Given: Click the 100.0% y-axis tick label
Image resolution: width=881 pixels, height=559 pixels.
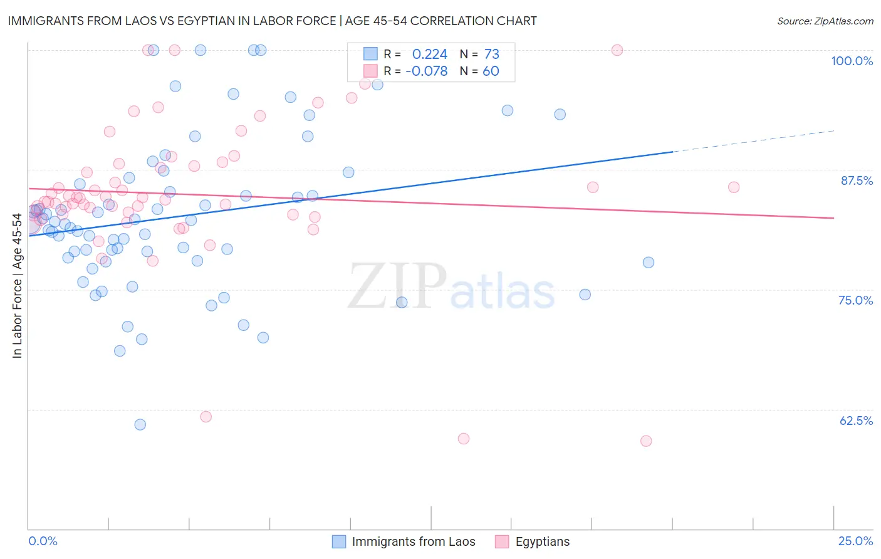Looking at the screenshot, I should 852,61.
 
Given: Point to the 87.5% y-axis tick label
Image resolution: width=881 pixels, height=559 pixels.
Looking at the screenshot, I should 856,180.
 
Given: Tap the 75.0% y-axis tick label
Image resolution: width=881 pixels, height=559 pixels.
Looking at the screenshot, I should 855,300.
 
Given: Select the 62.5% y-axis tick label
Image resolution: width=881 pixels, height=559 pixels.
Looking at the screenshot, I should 856,421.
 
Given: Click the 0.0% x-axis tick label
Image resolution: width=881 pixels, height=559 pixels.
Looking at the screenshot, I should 43,541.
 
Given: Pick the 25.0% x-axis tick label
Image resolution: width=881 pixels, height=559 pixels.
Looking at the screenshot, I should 855,541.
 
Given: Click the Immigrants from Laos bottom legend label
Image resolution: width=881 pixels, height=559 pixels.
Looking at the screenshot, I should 414,541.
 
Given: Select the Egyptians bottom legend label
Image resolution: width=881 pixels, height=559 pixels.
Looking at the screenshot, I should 543,541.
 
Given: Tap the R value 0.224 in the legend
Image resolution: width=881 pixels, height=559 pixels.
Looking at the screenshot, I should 430,55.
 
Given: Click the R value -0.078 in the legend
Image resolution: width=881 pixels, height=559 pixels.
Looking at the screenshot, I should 427,71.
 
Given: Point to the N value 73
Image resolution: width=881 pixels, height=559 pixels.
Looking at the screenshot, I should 491,55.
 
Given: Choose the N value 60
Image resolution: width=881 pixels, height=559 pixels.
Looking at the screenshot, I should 491,71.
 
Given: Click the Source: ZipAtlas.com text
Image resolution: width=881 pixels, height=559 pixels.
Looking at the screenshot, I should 825,21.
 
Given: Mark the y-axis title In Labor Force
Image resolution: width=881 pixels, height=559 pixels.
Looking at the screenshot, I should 17,286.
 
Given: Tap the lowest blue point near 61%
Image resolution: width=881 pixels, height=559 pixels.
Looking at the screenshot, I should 140,425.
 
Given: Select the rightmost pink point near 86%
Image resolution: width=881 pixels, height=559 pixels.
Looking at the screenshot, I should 734,187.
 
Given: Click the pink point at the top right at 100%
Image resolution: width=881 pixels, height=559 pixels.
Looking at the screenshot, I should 617,50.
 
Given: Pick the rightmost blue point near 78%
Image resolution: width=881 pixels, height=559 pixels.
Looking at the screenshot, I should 649,263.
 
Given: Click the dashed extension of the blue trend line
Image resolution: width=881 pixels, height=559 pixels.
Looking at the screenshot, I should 752,141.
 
